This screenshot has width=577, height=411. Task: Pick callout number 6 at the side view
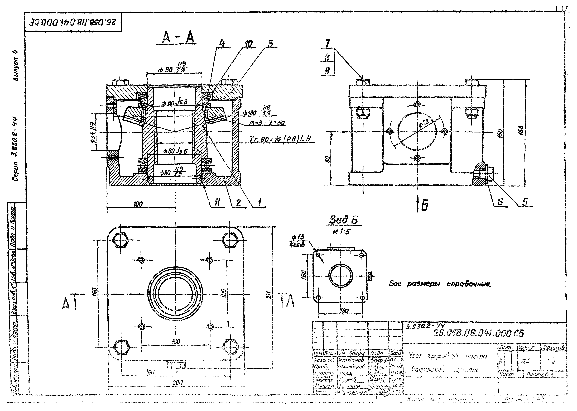[x=500, y=202]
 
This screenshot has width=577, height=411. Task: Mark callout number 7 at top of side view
[x=328, y=44]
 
